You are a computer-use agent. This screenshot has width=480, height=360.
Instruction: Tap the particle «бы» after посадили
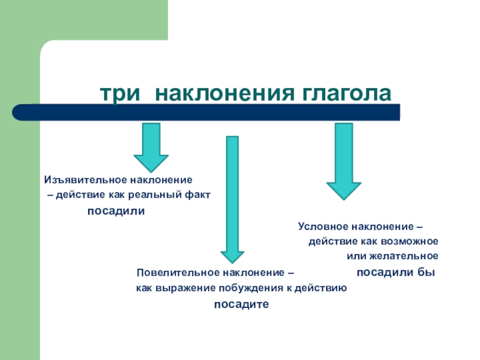[x=426, y=272]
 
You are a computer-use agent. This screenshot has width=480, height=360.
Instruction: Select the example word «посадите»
[x=242, y=305]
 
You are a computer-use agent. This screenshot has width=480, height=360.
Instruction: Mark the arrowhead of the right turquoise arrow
[x=343, y=189]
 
